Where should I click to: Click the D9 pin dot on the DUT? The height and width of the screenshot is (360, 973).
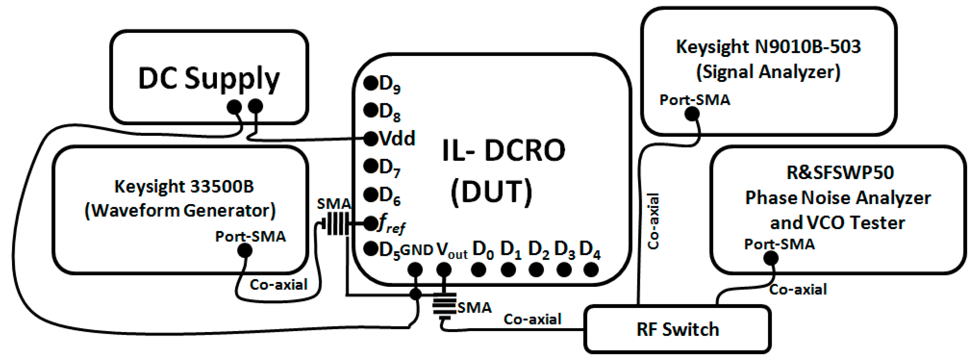point(371,83)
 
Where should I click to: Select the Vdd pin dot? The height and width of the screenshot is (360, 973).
point(371,139)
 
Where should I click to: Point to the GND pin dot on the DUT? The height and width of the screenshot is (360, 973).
point(415,270)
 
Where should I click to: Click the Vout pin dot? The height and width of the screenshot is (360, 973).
point(444,270)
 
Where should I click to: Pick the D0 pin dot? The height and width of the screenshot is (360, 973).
point(479,270)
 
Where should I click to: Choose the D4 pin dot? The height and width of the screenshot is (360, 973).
point(591,270)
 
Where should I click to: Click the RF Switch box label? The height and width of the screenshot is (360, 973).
point(678,329)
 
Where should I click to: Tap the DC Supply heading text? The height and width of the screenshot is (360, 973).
point(209,78)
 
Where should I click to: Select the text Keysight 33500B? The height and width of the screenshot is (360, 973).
point(184,186)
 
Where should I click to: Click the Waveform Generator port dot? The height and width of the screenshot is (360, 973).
point(245,250)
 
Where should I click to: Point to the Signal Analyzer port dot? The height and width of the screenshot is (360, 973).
point(692,114)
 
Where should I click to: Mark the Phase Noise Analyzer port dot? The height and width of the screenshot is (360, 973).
point(771,258)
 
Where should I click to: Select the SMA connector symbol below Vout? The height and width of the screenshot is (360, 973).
point(444,304)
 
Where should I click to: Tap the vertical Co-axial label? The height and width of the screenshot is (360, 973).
point(653,221)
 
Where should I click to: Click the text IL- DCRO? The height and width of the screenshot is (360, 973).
point(503,150)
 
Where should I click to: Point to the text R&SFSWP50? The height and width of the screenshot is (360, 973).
point(840,173)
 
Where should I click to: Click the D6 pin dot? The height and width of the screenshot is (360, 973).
point(371,194)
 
